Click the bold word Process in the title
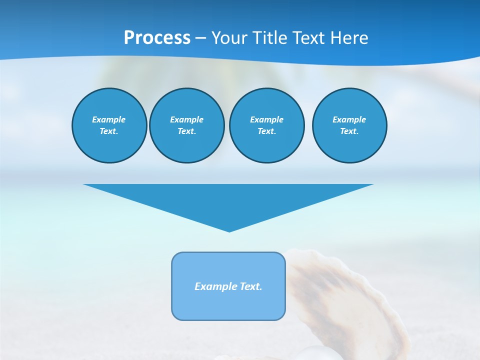[x=157, y=38]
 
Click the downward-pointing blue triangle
[x=228, y=200]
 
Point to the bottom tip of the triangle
[x=229, y=230]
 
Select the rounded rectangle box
[x=228, y=305]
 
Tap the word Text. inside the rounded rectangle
[x=251, y=286]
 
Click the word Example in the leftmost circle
[x=109, y=119]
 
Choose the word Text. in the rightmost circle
[x=349, y=131]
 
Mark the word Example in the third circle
[x=266, y=119]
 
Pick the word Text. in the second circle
[x=186, y=131]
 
